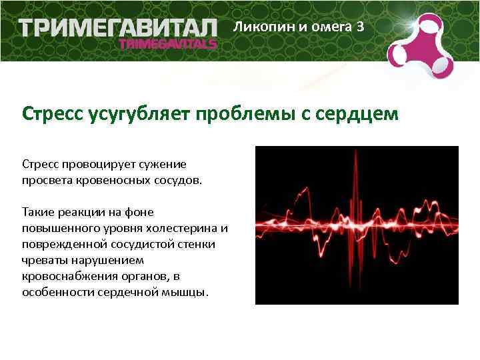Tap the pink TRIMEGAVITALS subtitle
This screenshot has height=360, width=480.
click(x=167, y=44)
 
